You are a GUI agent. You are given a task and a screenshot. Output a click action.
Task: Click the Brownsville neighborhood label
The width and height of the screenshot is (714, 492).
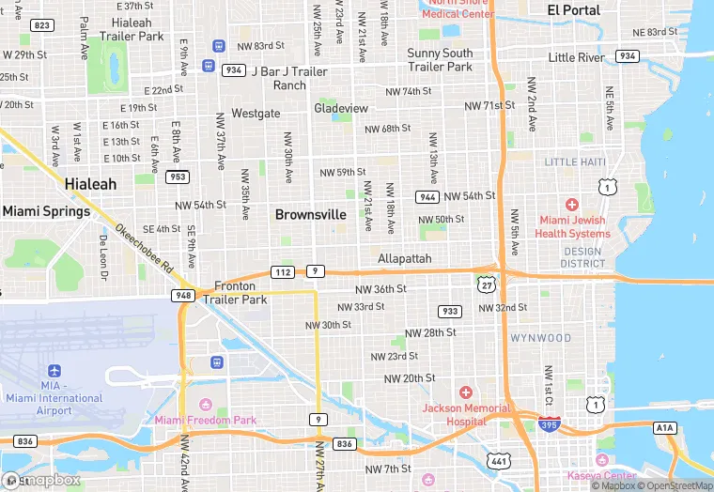[x=310, y=215]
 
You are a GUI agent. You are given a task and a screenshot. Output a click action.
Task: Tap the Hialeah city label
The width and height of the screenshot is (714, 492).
[x=91, y=184]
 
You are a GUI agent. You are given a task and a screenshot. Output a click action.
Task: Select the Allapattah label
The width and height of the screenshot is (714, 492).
[x=405, y=258]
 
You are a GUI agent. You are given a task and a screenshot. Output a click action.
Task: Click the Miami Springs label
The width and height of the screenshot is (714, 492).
[x=46, y=211]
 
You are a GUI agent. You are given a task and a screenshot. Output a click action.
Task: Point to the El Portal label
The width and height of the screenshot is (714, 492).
[x=574, y=9]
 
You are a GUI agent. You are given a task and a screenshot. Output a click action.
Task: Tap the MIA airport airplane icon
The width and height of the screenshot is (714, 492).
[x=53, y=369]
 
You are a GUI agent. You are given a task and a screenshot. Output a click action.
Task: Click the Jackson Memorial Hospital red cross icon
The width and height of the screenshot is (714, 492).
[x=466, y=392]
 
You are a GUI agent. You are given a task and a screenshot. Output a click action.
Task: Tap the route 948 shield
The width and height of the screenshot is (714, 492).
[x=182, y=295]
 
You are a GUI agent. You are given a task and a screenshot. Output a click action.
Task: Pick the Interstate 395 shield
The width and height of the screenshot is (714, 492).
[x=551, y=423]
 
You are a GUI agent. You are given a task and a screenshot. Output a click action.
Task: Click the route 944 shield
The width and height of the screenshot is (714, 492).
[x=427, y=196]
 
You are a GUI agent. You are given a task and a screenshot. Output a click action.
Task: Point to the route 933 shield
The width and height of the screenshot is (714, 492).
[x=450, y=311]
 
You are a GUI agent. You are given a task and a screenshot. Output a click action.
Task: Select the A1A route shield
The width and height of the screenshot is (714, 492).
[x=665, y=427]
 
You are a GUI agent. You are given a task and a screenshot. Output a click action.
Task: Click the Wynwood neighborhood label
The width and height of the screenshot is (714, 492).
[x=540, y=337]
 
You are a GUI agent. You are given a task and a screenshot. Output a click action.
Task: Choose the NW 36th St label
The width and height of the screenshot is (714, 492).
[x=380, y=289]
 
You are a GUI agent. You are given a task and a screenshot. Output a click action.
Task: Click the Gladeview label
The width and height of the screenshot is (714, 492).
[x=341, y=108]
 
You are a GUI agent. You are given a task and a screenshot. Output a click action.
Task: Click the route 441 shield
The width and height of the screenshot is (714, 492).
[x=498, y=460]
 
